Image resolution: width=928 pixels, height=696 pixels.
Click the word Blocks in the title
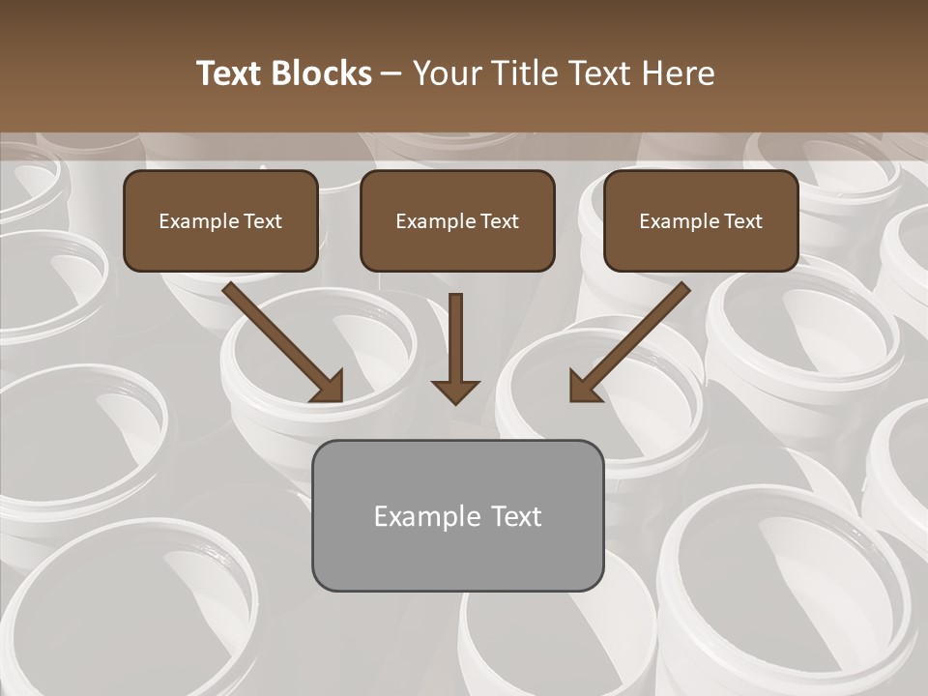coord(321,73)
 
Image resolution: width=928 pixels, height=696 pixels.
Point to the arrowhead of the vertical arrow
coord(455,391)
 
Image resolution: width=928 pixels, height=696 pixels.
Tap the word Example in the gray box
coord(427,516)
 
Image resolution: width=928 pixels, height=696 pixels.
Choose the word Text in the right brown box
coord(742,221)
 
